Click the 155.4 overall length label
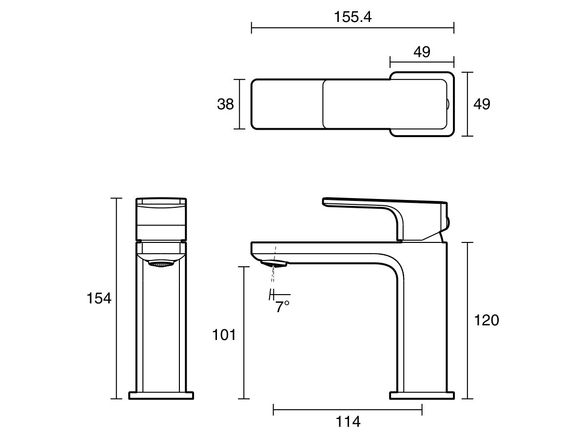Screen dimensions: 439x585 [352, 17]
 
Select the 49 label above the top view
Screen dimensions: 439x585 [422, 52]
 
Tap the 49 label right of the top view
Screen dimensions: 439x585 [482, 104]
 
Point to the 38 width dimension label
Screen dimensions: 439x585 [225, 104]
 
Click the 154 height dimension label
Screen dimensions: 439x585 [99, 298]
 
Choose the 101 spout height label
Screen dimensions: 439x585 [224, 335]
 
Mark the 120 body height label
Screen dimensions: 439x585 [487, 320]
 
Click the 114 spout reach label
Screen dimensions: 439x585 [348, 421]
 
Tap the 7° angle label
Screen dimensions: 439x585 [282, 307]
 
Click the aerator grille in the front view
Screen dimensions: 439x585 [161, 264]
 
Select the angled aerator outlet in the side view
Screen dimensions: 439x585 [275, 264]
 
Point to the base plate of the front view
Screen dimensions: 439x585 [161, 395]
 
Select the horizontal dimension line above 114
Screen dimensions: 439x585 [348, 410]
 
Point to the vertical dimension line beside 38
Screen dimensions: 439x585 [239, 104]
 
